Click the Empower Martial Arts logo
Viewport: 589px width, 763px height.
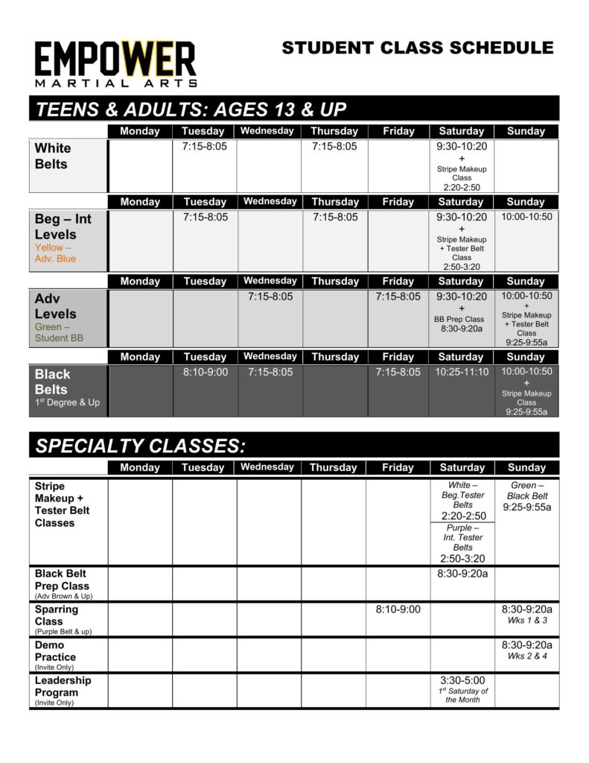coord(115,64)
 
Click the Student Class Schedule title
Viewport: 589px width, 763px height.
coord(417,48)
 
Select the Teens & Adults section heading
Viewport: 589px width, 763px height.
coord(191,110)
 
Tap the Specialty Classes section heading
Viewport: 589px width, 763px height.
coord(140,446)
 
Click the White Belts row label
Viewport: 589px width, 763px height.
coord(53,156)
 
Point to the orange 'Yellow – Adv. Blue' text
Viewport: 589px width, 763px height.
coord(55,253)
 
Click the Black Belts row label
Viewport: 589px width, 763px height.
coord(53,381)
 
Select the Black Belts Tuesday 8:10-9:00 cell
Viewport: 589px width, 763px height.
coord(205,372)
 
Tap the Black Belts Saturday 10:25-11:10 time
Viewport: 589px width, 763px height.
coord(462,372)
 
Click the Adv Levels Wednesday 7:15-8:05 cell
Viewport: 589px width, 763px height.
coord(270,297)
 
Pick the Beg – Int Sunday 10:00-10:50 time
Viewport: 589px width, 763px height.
coord(526,217)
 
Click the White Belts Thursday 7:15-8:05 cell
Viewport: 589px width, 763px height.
coord(335,147)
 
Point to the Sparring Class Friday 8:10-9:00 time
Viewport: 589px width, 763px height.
coord(398,610)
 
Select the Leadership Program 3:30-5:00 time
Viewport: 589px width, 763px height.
coord(462,680)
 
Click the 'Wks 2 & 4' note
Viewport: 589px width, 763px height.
coord(526,656)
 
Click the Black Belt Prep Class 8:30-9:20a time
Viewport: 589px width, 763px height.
coord(462,574)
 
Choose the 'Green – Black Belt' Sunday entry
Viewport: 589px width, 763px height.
coord(526,491)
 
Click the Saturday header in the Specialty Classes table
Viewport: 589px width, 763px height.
coord(462,468)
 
